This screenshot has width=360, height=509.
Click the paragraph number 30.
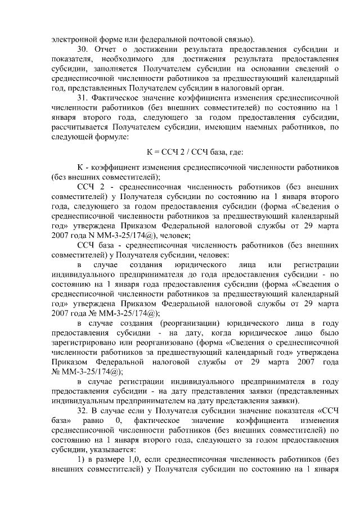point(82,50)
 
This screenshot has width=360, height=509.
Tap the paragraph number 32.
point(82,412)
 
